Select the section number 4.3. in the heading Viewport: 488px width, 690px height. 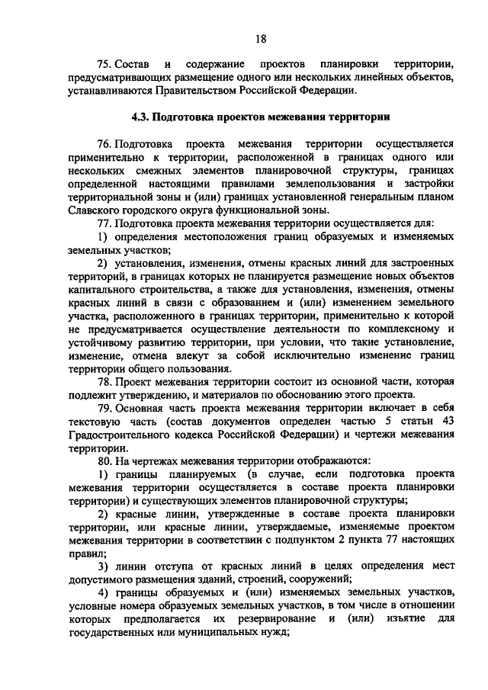coord(140,117)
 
